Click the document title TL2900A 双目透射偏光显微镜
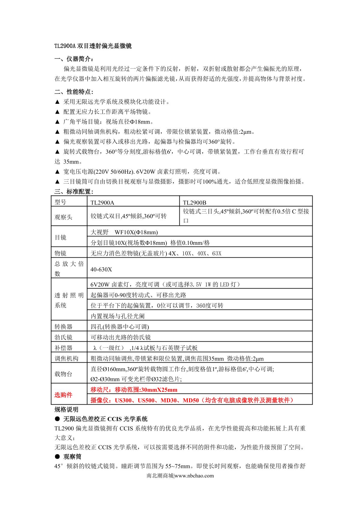(x=93, y=46)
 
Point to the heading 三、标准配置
(x=74, y=191)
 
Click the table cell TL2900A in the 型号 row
(x=102, y=202)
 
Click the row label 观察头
(x=63, y=217)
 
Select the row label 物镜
(x=60, y=253)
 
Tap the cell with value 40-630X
(x=101, y=269)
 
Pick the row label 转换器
(x=63, y=327)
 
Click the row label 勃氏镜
(x=63, y=337)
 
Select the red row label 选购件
(x=63, y=395)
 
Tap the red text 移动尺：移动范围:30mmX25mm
(x=134, y=390)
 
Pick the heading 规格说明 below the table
(x=66, y=409)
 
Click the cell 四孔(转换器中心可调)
(x=120, y=327)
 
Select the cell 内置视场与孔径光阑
(x=118, y=316)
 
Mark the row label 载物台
(x=63, y=374)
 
